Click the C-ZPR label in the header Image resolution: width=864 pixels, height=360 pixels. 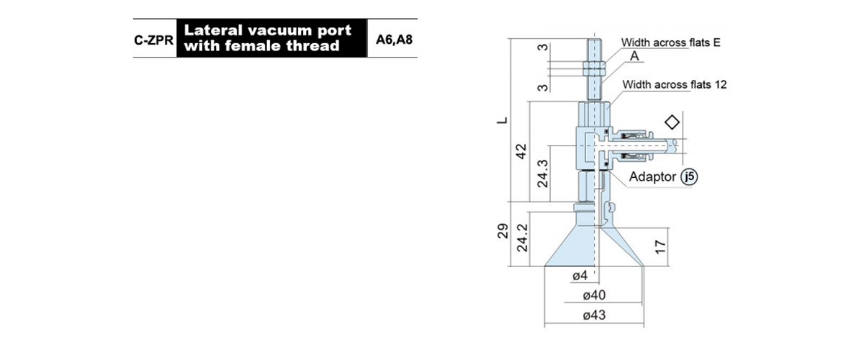tap(153, 40)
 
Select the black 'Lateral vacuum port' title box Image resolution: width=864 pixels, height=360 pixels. tap(272, 38)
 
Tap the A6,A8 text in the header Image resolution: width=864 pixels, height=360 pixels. tap(395, 40)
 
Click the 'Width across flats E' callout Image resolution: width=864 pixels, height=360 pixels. tap(670, 42)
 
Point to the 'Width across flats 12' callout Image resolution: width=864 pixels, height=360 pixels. tap(674, 84)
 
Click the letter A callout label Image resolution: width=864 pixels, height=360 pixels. tap(634, 56)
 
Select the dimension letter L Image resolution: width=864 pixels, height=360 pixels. tap(502, 120)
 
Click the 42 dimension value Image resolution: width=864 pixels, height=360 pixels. tap(521, 151)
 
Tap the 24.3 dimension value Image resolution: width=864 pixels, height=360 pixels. tap(542, 174)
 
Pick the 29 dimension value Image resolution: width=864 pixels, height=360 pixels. tap(503, 230)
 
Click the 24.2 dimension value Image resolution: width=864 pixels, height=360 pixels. tap(522, 238)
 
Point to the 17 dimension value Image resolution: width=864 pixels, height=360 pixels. tap(660, 247)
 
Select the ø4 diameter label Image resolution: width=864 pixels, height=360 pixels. tap(580, 276)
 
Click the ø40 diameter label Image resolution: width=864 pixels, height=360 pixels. tap(594, 295)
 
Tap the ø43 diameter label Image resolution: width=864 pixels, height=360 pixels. tap(594, 315)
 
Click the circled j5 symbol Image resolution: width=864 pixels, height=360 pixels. tap(689, 176)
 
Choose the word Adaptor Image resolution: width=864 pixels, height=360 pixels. tap(652, 176)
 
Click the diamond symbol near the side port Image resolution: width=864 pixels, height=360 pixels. tap(672, 122)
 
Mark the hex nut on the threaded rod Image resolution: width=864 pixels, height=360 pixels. tap(595, 68)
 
